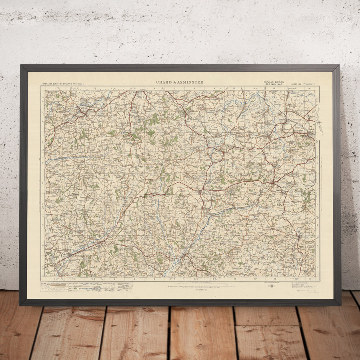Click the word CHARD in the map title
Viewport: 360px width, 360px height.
click(164, 82)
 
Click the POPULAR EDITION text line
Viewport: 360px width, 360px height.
click(274, 82)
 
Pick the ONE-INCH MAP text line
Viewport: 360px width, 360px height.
click(274, 84)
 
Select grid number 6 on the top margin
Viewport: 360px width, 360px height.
click(154, 88)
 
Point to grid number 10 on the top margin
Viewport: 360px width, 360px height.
click(235, 88)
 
